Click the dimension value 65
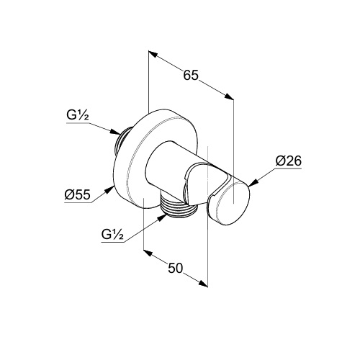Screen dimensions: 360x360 191,75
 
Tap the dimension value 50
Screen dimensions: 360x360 176,268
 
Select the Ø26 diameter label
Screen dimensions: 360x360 288,161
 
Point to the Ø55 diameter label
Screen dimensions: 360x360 77,194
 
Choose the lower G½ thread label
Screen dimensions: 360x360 112,234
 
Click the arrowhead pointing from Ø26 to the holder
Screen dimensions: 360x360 253,183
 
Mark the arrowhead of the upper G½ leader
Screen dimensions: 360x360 115,132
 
